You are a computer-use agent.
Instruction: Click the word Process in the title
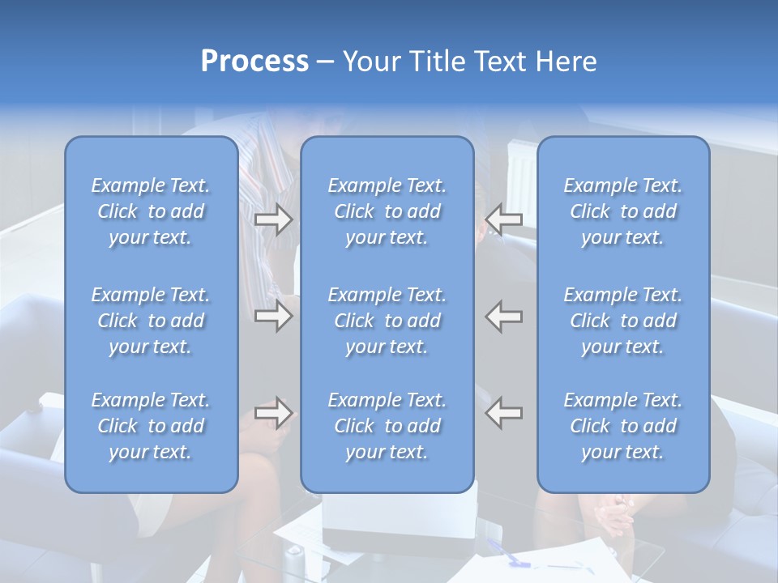coord(254,62)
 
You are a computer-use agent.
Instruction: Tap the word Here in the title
coord(564,62)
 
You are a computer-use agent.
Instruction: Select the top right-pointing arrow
coord(274,219)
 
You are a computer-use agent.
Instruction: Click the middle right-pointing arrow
coord(274,316)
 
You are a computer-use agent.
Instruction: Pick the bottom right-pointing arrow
coord(274,413)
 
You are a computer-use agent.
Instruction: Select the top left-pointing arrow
coord(504,219)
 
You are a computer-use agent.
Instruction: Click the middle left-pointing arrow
coord(504,316)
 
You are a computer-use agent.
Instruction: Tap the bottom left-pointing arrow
coord(504,413)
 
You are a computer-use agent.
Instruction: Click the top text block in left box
coord(151,211)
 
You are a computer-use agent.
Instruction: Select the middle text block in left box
coord(151,321)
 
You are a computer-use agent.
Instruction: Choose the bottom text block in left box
coord(151,426)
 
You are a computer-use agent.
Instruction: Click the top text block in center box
coord(387,211)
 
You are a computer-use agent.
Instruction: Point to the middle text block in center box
coord(387,321)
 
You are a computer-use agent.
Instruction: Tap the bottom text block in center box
coord(387,426)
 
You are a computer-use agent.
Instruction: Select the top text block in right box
coord(623,211)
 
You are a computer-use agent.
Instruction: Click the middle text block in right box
coord(623,321)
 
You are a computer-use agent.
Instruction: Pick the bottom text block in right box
coord(623,426)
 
